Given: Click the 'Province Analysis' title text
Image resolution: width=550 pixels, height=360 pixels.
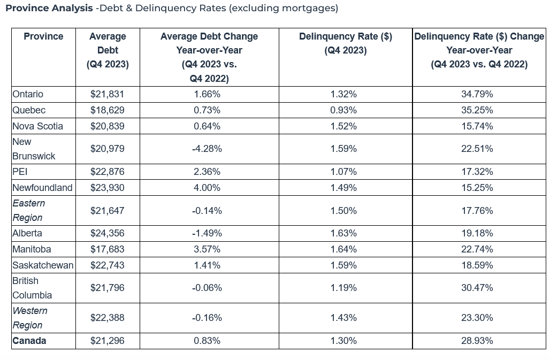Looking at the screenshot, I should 49,9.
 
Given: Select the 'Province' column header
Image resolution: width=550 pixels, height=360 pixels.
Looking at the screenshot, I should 43,36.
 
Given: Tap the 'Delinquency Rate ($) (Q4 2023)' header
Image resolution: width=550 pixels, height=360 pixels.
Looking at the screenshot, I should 345,43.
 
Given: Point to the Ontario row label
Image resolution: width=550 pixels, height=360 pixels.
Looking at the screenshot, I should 28,94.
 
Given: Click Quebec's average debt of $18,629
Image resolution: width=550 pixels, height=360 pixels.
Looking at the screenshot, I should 108,110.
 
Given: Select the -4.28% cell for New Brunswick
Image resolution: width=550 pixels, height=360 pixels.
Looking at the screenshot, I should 207,149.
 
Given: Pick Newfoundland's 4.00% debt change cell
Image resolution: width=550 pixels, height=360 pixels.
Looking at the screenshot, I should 207,187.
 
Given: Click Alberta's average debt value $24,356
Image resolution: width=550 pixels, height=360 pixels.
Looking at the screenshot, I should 108,233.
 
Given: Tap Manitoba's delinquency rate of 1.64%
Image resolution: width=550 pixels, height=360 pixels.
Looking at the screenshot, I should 343,249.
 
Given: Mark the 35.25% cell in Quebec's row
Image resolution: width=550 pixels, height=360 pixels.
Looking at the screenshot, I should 477,110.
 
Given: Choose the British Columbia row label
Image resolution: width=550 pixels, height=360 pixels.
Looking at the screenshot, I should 32,288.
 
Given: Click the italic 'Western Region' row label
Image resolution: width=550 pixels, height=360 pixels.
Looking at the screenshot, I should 30,318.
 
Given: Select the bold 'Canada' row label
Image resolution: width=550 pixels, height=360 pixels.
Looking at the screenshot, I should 29,341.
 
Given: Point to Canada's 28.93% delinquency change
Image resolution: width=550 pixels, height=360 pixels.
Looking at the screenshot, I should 477,341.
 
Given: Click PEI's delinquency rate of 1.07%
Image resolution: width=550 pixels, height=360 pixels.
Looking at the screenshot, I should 343,172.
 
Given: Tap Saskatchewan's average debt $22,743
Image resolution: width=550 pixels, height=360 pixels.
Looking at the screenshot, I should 108,265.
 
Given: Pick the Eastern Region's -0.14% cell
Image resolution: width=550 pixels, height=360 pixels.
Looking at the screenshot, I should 207,211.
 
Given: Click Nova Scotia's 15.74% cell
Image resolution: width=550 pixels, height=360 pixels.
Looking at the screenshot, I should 477,126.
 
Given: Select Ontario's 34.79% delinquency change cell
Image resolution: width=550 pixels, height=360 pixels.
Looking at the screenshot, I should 477,94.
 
